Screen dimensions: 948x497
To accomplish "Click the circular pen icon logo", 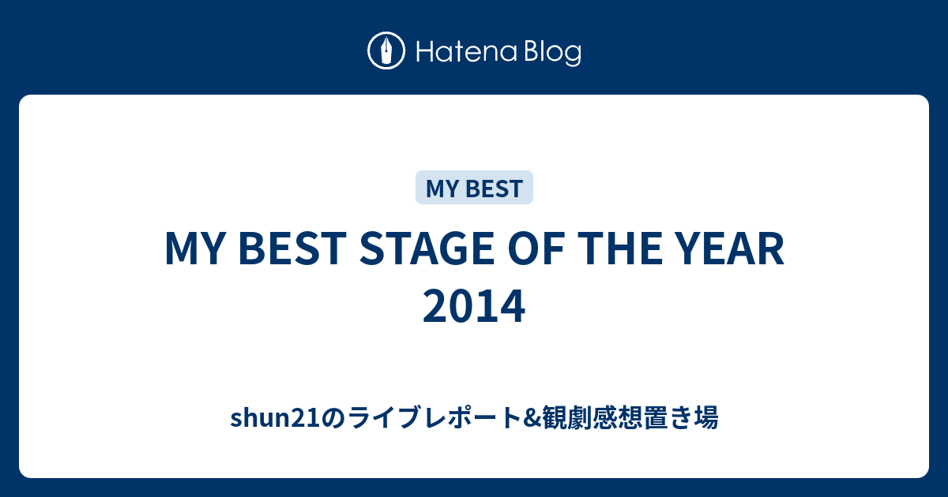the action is point(386,50).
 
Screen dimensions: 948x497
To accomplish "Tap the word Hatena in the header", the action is point(467,52).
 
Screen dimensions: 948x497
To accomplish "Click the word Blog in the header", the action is point(552,54).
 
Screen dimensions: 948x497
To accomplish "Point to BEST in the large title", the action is point(292,249).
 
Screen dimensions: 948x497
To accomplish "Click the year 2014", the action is point(474,306).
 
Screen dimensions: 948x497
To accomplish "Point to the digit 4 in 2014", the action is point(513,306).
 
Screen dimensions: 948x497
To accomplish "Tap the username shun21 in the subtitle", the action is point(276,417).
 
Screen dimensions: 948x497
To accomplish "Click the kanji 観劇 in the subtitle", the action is point(566,417).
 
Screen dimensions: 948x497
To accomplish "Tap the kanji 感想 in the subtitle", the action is point(617,417).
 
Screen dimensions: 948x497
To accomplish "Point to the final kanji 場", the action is point(706,417).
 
